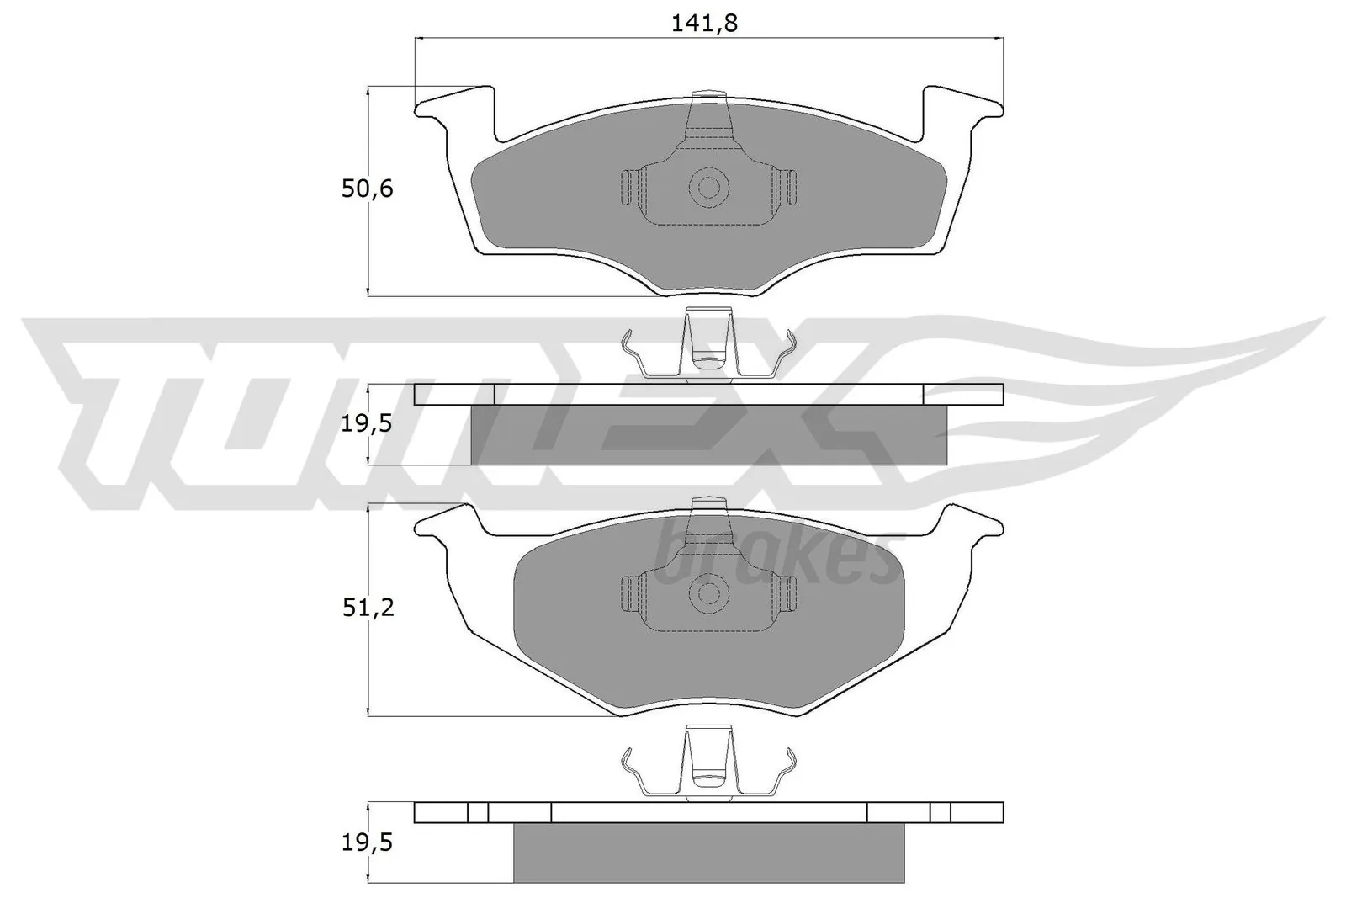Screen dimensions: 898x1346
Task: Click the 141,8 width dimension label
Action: click(x=705, y=24)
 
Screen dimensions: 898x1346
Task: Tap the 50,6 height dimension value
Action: click(x=368, y=189)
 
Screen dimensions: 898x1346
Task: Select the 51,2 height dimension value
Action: click(x=368, y=608)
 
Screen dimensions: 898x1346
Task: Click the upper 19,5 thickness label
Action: click(x=368, y=424)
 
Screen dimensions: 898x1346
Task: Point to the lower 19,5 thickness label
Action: click(x=368, y=842)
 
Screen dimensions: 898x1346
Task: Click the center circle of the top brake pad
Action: click(x=708, y=187)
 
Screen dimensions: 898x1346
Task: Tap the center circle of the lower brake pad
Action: click(x=708, y=592)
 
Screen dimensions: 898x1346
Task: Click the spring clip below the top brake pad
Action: click(x=707, y=349)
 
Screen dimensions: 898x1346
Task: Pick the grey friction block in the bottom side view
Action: click(x=708, y=853)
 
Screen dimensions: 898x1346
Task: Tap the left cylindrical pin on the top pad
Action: click(x=630, y=187)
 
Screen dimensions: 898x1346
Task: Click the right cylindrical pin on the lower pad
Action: click(x=786, y=593)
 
